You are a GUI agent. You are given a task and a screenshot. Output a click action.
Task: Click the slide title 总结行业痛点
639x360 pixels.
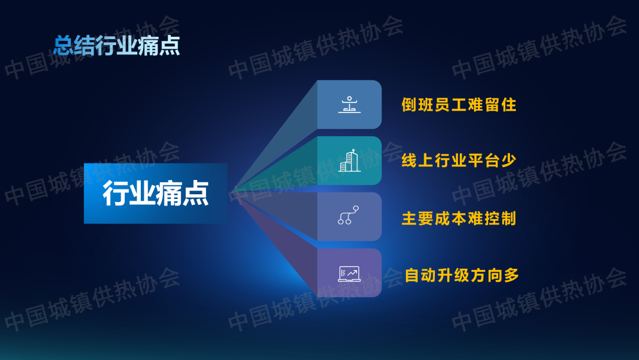coord(117,45)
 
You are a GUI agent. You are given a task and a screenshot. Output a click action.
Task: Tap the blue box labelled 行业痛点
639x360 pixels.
coord(156,193)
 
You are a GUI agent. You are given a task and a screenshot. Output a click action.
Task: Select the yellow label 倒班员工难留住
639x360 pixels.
coord(459,105)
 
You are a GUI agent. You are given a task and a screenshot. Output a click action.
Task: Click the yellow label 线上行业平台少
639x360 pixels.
coord(459,160)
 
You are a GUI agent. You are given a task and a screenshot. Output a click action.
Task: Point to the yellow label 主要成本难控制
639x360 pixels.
coord(459,218)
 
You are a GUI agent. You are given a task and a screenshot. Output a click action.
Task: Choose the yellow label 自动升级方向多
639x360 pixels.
coord(461,275)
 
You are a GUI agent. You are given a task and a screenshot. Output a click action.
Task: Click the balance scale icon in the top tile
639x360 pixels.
coord(349,104)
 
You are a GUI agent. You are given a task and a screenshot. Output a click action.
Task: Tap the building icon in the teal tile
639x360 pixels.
coord(349,160)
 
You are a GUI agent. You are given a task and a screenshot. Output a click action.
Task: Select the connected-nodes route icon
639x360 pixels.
coord(348,215)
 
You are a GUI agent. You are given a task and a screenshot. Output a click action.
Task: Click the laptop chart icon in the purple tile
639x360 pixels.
coord(349,274)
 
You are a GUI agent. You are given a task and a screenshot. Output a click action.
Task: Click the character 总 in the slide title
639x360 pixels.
coord(64,45)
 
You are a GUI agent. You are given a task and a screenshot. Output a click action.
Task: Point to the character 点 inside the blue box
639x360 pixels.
coord(196,193)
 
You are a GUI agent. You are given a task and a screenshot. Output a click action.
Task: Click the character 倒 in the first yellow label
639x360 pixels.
coord(409,105)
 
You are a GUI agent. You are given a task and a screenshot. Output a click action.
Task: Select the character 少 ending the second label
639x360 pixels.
coord(509,160)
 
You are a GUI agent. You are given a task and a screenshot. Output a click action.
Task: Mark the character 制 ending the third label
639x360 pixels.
coord(509,218)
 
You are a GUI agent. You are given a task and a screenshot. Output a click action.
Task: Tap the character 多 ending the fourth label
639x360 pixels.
coord(511,275)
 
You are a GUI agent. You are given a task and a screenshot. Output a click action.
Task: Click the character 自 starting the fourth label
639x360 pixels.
coord(412,275)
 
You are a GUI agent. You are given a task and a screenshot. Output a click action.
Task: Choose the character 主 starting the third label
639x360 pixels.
coord(409,218)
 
